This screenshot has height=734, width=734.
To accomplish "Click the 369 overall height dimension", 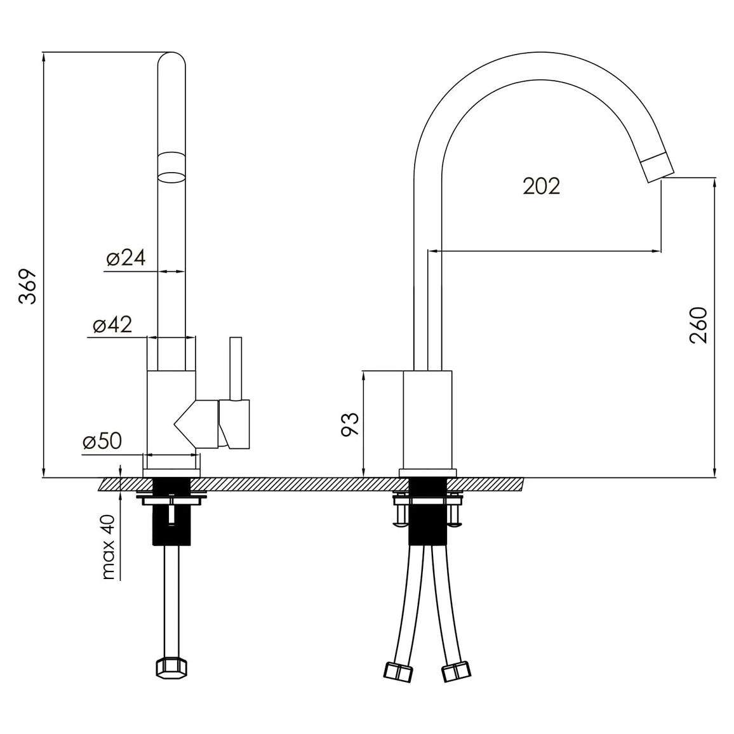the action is pos(28,286).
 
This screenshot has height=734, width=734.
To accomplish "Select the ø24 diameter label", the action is pos(126,257).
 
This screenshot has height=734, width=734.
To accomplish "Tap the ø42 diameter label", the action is pos(112,324).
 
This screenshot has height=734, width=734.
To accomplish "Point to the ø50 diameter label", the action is pos(102,441).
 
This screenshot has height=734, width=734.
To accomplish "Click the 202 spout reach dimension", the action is pos(541,186).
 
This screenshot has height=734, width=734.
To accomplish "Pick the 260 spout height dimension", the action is pos(698,325).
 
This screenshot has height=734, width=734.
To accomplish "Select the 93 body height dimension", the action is pos(350,425).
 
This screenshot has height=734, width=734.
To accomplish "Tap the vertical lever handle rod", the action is pos(236,368).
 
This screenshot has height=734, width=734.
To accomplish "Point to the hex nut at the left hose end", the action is pos(171,669).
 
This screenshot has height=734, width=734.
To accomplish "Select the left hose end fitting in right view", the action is pos(398,672).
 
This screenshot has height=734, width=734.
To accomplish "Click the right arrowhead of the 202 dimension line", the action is pos(657,251).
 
